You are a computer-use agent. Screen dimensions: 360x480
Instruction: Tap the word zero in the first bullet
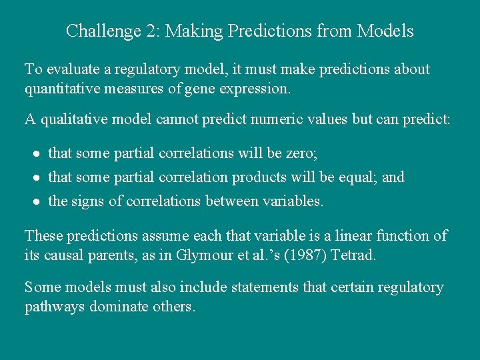point(302,153)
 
